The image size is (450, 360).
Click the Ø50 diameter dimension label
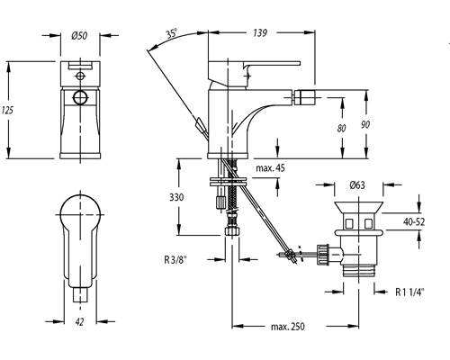click(x=79, y=36)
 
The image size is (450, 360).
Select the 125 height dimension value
click(x=7, y=110)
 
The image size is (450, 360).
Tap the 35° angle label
click(x=172, y=32)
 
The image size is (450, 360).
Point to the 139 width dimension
click(x=259, y=32)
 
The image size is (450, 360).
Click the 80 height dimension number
click(x=341, y=128)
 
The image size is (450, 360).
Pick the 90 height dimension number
click(x=365, y=124)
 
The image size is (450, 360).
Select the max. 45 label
click(x=270, y=168)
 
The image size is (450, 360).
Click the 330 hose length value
click(x=176, y=197)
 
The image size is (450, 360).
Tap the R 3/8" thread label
click(x=175, y=259)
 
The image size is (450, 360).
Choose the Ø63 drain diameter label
click(x=357, y=184)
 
